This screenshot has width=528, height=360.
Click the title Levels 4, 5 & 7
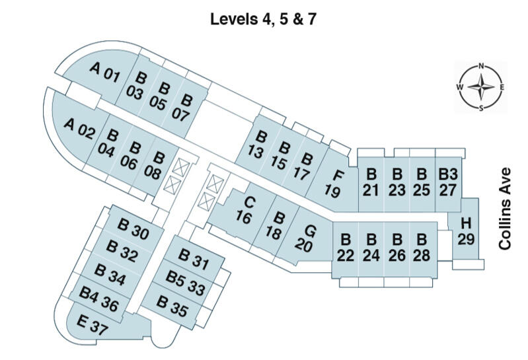point(263,18)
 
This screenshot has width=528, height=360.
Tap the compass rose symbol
point(481,87)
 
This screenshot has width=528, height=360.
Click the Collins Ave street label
point(506,207)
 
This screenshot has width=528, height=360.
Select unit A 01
point(104,72)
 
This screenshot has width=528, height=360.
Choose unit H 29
point(466,231)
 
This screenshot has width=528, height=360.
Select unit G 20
point(306,238)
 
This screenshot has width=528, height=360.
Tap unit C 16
point(246,209)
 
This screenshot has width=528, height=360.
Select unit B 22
point(345,247)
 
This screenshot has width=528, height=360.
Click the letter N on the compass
point(482,66)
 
